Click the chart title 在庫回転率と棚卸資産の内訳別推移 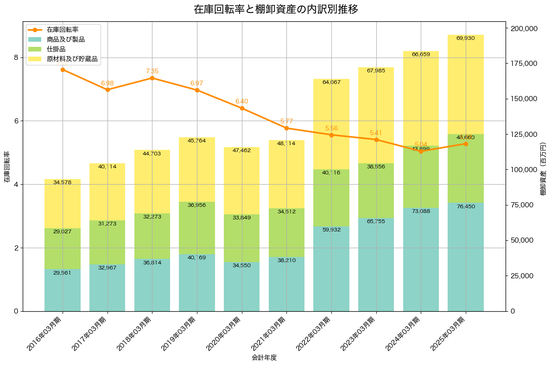[x=276, y=9]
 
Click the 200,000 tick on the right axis [x=524, y=28]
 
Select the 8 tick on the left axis [x=16, y=58]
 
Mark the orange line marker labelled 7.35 [x=152, y=78]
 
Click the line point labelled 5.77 [x=286, y=128]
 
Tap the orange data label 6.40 [x=242, y=101]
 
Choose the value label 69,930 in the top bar [x=465, y=38]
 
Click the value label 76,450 [x=465, y=206]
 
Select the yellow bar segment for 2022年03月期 [x=331, y=125]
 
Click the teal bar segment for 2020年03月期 [x=242, y=288]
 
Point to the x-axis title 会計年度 [x=264, y=358]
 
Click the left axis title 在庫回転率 [x=6, y=167]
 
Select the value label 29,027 [x=63, y=231]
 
